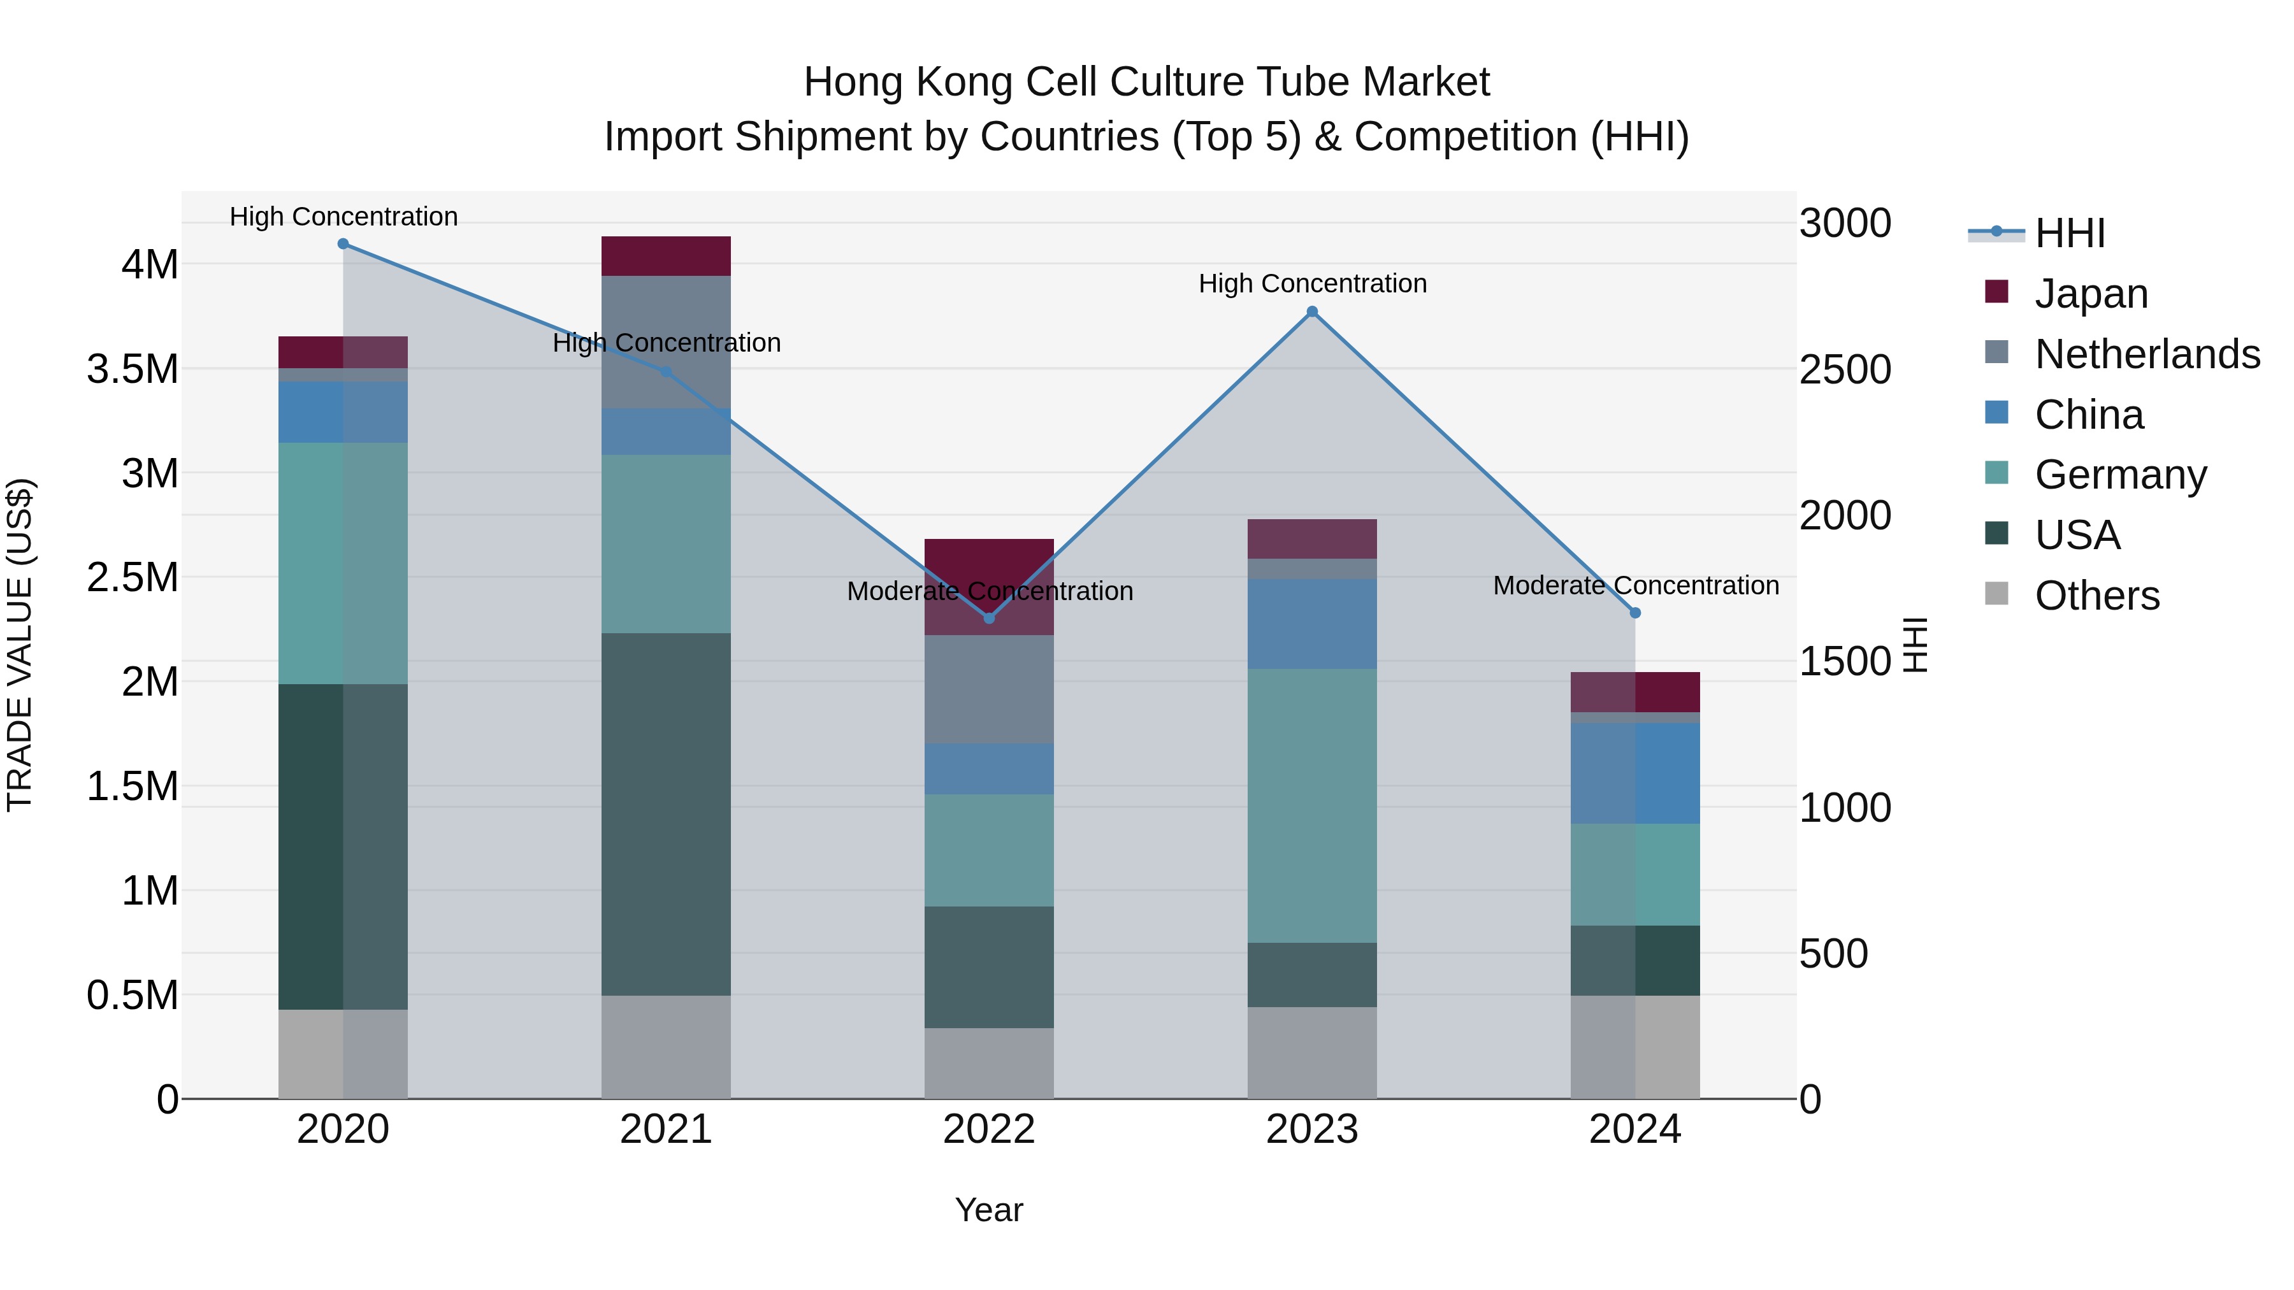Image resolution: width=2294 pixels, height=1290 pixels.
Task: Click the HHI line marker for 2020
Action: (x=343, y=244)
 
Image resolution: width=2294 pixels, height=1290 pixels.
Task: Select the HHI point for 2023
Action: (x=1312, y=312)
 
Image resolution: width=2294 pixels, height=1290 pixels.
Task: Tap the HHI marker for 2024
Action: (x=1635, y=612)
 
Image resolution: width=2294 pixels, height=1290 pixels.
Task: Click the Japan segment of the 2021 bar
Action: (x=666, y=256)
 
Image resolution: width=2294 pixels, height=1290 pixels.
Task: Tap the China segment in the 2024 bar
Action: (x=1635, y=773)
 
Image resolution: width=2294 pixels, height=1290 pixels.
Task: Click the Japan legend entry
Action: (x=2091, y=294)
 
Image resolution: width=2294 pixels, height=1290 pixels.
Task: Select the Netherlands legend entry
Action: (x=2146, y=354)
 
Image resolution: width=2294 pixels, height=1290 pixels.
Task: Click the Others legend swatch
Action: (x=1996, y=594)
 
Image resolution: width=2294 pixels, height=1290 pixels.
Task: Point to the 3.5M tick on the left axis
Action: (x=133, y=369)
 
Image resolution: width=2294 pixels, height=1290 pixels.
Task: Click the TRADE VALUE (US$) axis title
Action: (x=20, y=645)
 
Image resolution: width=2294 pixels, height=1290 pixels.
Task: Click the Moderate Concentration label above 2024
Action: (x=1635, y=586)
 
